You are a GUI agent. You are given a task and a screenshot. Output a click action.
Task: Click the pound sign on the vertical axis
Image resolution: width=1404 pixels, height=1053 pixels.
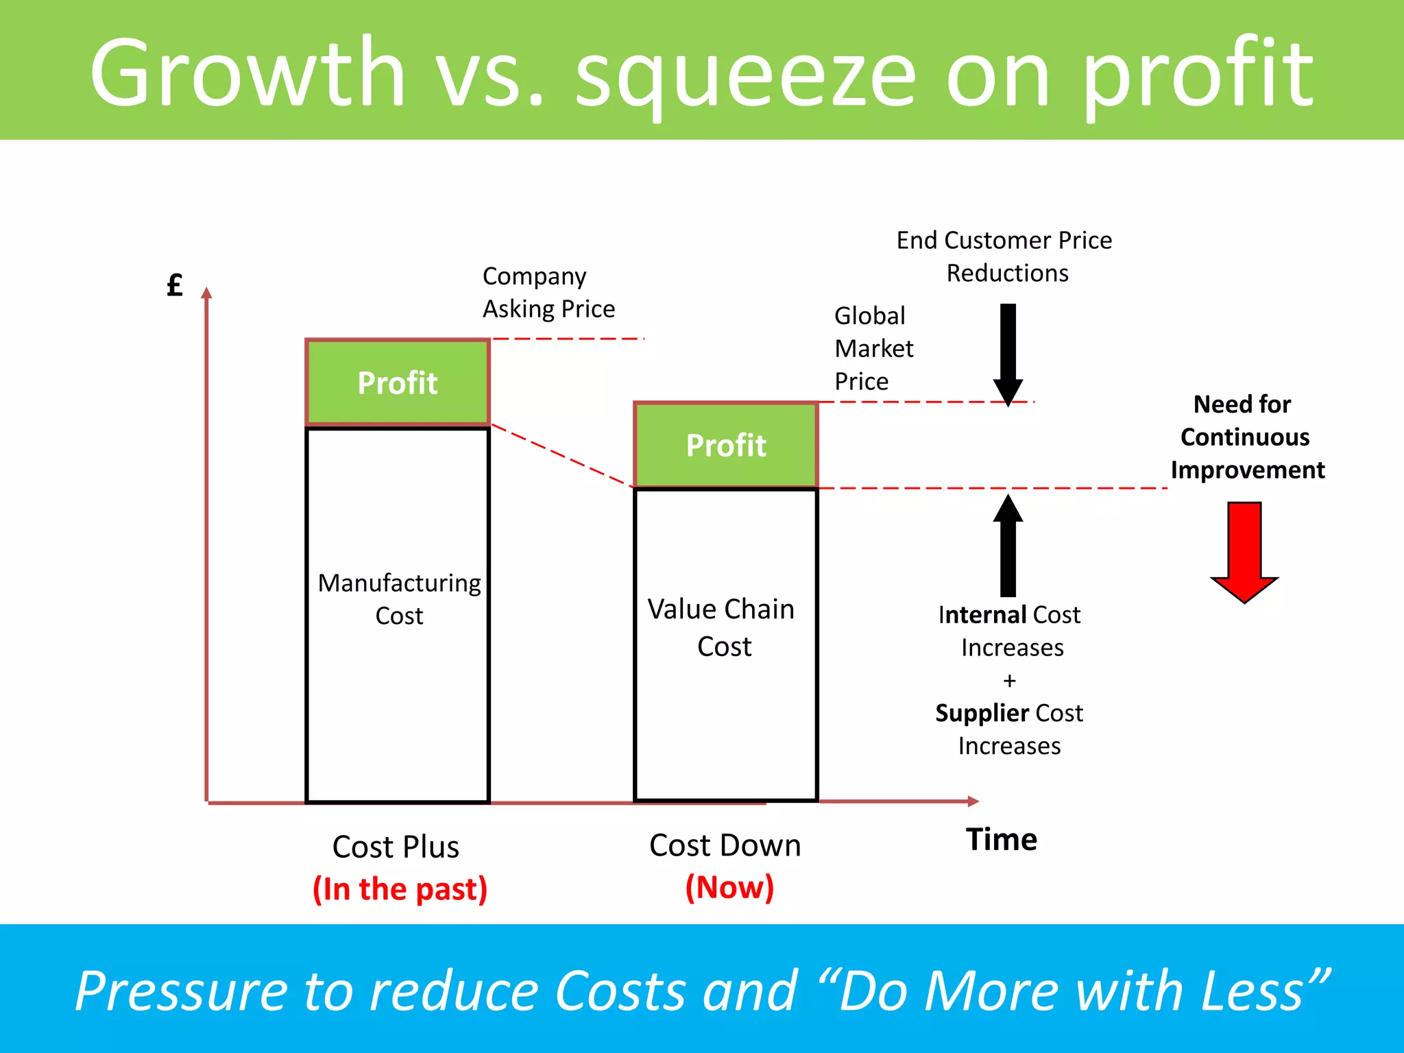175,285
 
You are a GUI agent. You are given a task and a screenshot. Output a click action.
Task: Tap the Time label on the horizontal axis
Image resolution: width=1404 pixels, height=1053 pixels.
1001,840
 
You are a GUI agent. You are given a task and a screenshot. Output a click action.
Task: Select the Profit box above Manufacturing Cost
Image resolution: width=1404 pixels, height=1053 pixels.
397,383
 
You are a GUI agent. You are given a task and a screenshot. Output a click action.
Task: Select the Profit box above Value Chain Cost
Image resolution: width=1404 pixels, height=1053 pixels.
725,446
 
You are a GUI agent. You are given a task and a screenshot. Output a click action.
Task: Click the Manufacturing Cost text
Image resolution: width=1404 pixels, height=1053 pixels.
399,599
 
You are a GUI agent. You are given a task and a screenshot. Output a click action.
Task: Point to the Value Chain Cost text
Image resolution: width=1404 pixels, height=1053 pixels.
723,627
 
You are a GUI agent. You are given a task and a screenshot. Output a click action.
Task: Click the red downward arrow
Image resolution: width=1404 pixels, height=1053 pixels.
1244,551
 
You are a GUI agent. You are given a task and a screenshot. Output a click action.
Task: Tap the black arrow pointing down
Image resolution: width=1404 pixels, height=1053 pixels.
1008,354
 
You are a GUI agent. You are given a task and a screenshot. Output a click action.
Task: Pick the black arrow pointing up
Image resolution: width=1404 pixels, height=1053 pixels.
1008,546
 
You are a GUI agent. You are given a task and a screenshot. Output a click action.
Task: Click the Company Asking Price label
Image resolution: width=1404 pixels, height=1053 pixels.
548,293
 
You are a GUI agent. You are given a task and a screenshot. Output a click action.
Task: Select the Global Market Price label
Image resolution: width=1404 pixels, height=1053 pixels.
873,348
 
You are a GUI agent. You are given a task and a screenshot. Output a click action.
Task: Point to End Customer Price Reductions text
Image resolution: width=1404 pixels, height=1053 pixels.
1004,256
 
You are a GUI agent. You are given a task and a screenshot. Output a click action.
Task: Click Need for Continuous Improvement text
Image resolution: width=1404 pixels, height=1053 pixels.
1246,437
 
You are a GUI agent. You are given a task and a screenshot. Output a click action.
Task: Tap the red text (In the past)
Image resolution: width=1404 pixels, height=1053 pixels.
400,889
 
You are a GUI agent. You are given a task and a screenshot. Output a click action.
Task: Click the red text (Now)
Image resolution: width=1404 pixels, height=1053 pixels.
729,887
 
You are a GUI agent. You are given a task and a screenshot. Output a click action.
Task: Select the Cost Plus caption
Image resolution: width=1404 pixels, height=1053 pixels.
396,847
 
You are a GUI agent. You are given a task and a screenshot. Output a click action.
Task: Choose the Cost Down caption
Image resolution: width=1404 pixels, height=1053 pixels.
725,845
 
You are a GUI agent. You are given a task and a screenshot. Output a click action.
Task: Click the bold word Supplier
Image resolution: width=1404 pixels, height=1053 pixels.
981,714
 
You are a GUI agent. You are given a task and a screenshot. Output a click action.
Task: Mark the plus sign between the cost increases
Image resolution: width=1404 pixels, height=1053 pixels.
1009,681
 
